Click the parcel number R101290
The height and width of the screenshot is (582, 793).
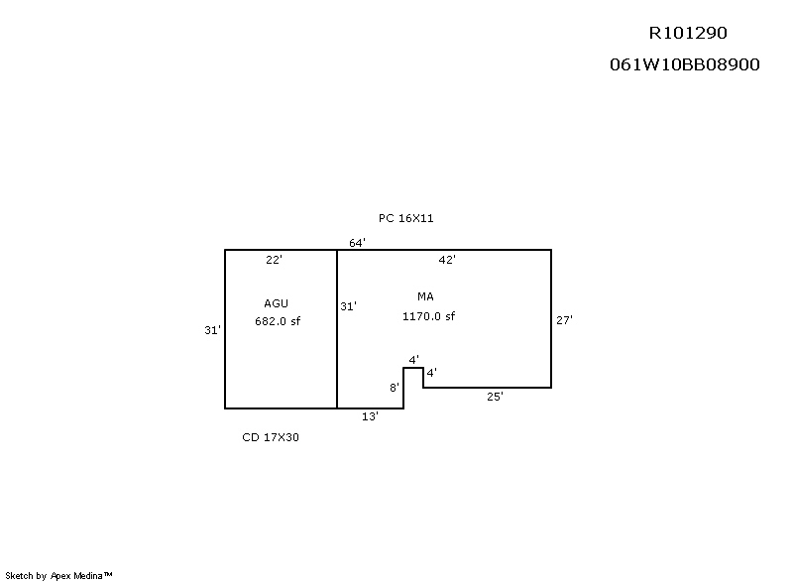687,33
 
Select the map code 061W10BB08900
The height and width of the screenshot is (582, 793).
684,64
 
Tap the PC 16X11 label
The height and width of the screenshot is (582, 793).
405,218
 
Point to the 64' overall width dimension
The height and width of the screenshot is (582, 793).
357,243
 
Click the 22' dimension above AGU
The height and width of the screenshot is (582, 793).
275,260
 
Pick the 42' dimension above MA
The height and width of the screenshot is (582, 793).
447,260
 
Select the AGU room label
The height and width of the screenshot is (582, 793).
277,302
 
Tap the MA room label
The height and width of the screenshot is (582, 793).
425,296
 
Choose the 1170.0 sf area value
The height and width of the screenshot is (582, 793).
428,316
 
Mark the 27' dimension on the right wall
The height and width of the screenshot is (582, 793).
564,319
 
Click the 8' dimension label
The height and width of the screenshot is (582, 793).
394,388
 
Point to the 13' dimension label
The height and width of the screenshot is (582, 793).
370,416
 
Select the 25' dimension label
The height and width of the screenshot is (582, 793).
494,396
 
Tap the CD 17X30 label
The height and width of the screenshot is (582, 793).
271,436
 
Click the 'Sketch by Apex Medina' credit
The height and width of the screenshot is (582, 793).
59,574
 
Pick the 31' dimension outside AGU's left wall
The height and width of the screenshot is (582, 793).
211,331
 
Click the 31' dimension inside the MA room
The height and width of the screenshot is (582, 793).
348,306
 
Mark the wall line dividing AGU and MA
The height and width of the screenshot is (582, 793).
337,347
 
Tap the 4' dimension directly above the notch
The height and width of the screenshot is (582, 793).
413,359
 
